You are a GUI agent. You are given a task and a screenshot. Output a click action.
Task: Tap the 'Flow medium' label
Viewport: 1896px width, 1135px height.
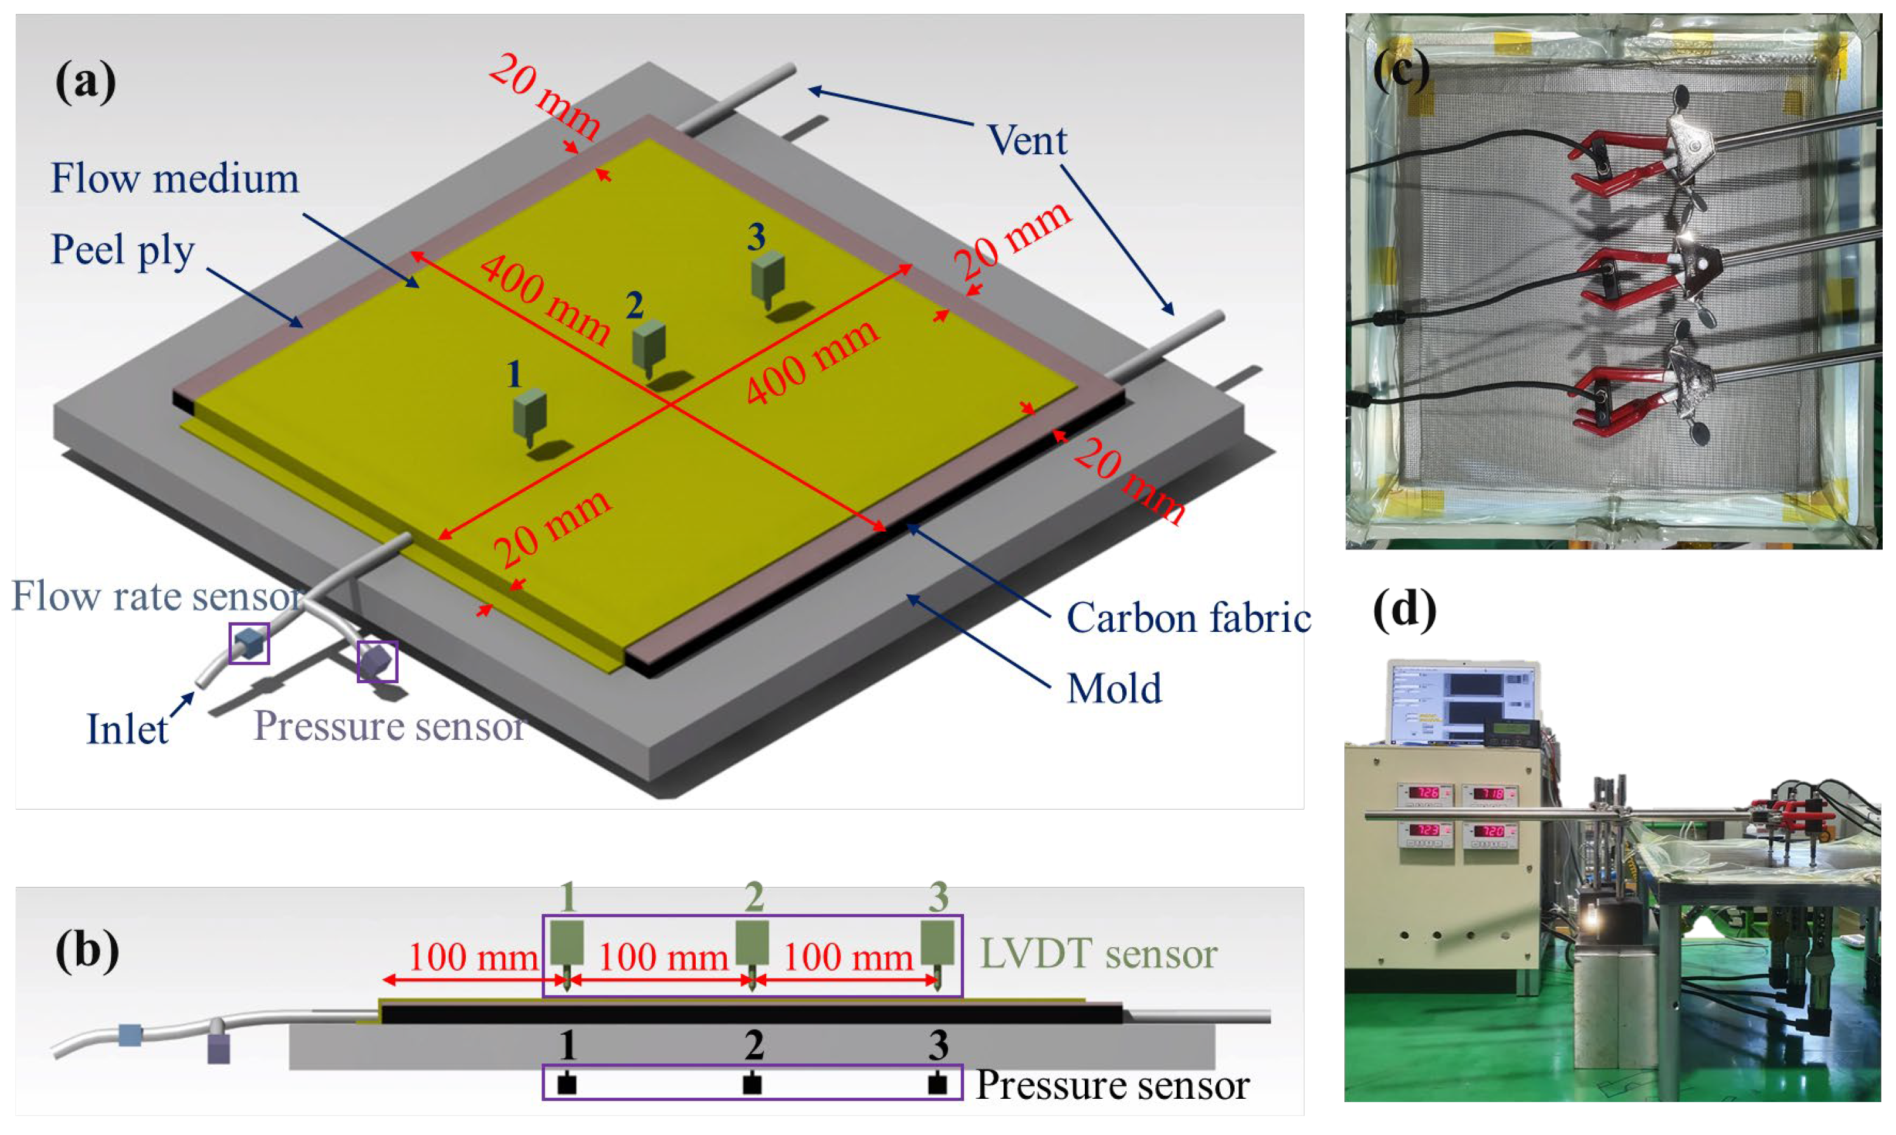tap(175, 179)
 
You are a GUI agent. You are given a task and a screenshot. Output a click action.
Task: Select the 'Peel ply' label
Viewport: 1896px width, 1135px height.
tap(123, 250)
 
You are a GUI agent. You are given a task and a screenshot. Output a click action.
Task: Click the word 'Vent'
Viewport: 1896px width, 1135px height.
tap(1027, 141)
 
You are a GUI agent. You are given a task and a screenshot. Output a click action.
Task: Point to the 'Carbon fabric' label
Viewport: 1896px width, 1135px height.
tap(1188, 618)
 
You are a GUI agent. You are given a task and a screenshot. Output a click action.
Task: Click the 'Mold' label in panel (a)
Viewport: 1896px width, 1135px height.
tap(1114, 689)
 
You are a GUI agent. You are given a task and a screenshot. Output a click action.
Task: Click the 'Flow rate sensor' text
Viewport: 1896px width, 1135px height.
tap(157, 596)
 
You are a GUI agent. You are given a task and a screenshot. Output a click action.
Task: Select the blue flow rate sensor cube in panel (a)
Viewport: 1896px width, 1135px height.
tap(249, 644)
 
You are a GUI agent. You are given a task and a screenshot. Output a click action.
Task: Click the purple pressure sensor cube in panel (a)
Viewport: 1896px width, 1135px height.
tap(377, 662)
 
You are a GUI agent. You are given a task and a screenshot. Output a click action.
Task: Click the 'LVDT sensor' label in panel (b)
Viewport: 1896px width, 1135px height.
tap(1099, 954)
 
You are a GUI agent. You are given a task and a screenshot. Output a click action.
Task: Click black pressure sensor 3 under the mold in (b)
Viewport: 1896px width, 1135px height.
tap(938, 1084)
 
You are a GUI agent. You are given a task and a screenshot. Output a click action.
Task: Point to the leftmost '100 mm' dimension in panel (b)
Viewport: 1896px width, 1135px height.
tap(472, 957)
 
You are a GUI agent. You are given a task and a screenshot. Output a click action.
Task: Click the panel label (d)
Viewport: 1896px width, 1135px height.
tap(1405, 610)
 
